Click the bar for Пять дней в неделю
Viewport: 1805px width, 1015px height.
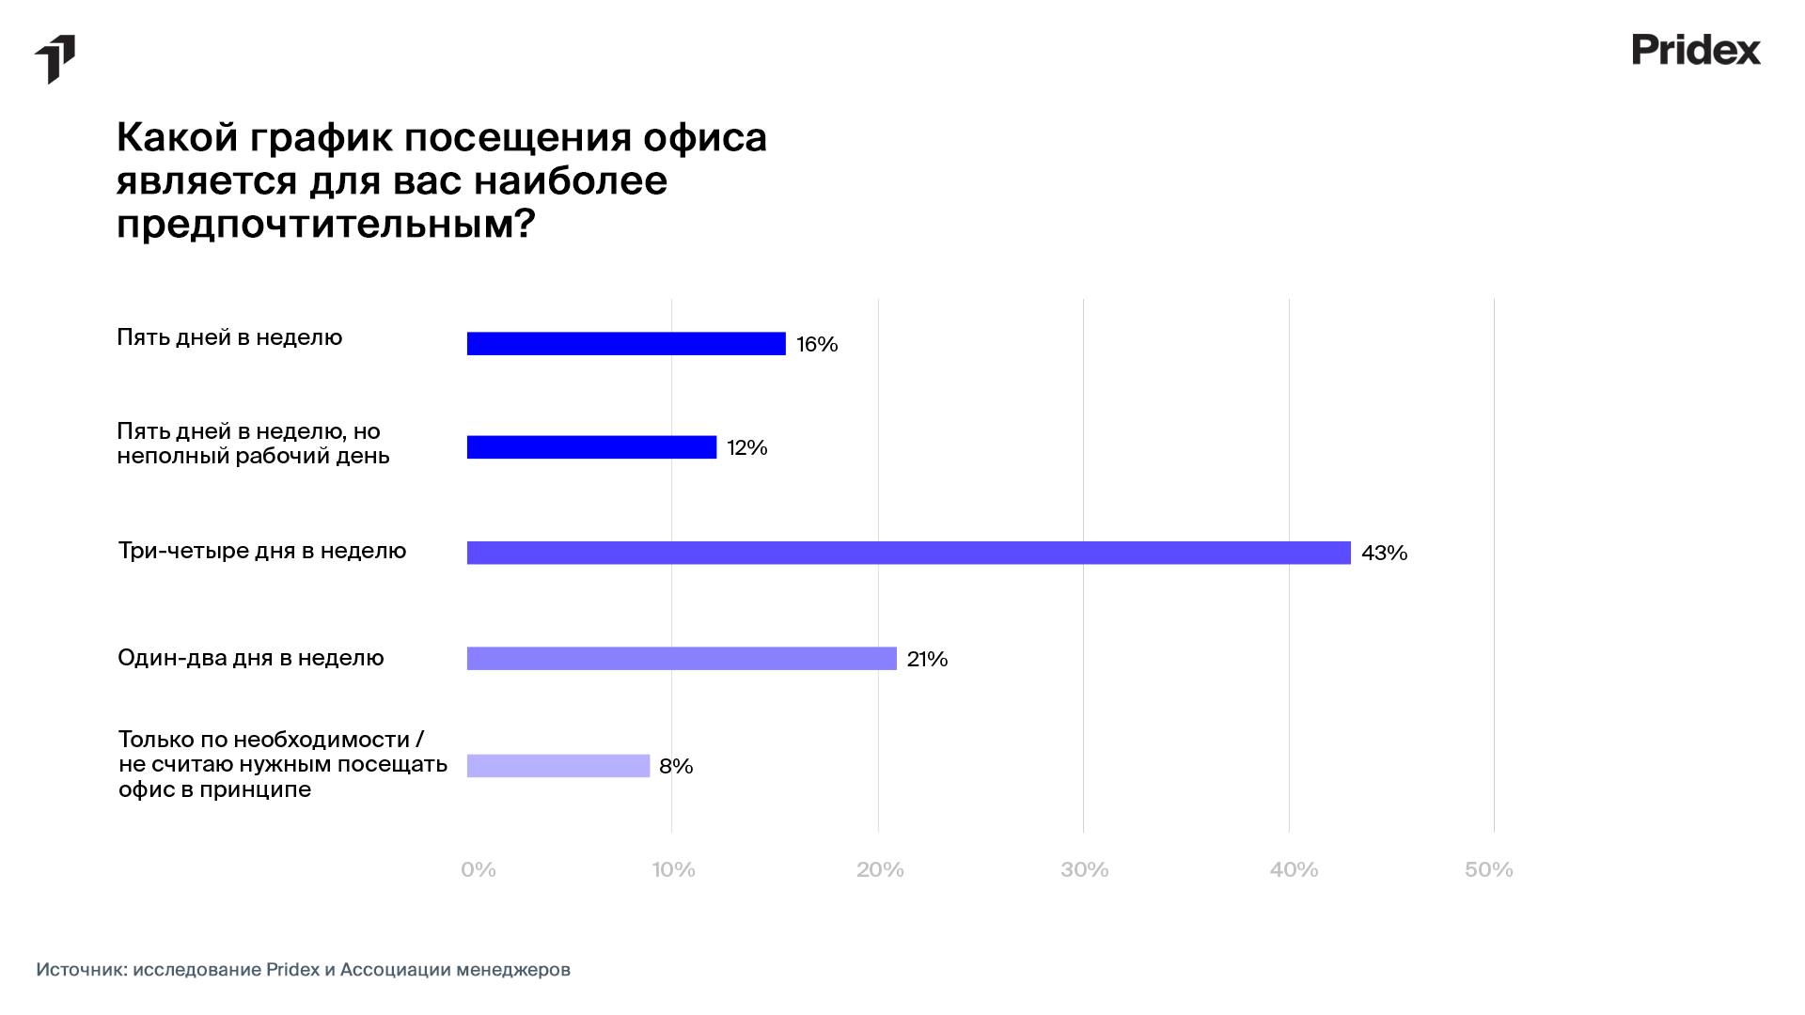(626, 344)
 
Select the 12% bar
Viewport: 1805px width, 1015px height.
(591, 447)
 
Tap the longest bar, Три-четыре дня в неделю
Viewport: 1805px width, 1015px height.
(908, 553)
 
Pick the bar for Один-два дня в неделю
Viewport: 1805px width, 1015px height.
(682, 659)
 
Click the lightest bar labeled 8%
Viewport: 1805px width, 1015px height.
(558, 766)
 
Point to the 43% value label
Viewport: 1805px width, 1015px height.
(1384, 554)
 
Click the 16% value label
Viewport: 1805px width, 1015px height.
(817, 345)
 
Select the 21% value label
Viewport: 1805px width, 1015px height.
(927, 660)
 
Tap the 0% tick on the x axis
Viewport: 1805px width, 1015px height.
(479, 870)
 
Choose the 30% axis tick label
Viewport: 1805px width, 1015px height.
(1085, 870)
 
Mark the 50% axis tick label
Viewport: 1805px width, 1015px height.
(1489, 870)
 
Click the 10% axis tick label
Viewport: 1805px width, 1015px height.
(674, 870)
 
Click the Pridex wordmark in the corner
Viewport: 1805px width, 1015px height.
(1696, 50)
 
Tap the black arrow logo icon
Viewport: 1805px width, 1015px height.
(55, 59)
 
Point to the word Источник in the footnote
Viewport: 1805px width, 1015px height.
(81, 970)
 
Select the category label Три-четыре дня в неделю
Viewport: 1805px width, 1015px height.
(262, 551)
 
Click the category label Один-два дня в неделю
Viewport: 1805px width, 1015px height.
(251, 658)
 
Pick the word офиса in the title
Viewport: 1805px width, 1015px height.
(705, 138)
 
